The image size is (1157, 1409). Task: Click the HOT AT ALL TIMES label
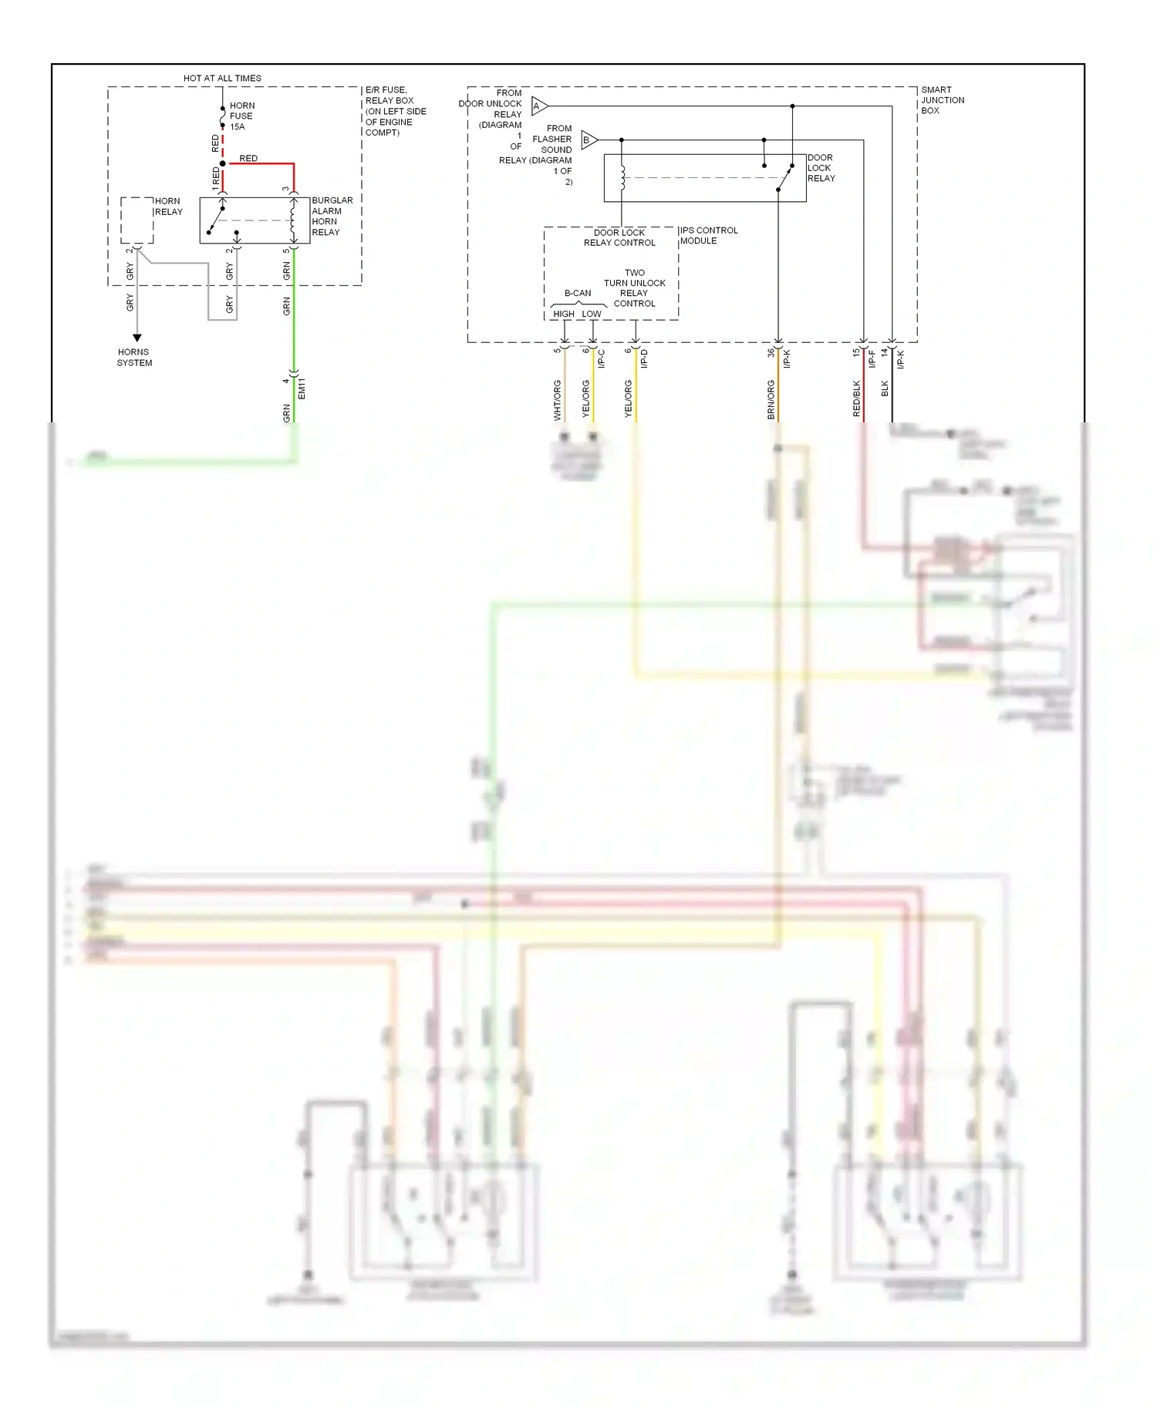click(x=222, y=78)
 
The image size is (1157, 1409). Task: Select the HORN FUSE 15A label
click(x=241, y=116)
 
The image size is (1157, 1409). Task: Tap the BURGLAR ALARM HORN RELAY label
click(x=332, y=216)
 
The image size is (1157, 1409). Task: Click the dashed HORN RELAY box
click(x=137, y=220)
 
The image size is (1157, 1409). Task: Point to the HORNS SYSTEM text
click(x=134, y=357)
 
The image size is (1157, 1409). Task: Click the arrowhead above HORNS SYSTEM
click(x=137, y=338)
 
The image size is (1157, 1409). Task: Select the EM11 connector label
click(x=302, y=388)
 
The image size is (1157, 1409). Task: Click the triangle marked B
click(x=589, y=140)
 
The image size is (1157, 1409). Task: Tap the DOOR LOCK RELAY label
click(x=821, y=167)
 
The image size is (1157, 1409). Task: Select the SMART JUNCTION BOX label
click(x=942, y=100)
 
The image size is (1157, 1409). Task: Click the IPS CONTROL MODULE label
click(x=708, y=235)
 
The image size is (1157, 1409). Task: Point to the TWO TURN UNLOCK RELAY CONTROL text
click(x=634, y=288)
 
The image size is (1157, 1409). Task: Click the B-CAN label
click(x=578, y=293)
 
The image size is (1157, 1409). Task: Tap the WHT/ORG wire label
click(x=557, y=399)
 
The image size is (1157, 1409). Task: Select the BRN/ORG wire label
click(x=771, y=399)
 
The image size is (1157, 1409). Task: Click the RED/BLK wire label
click(x=856, y=398)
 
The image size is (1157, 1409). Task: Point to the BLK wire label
click(x=885, y=388)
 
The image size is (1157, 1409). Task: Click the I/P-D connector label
click(x=644, y=358)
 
